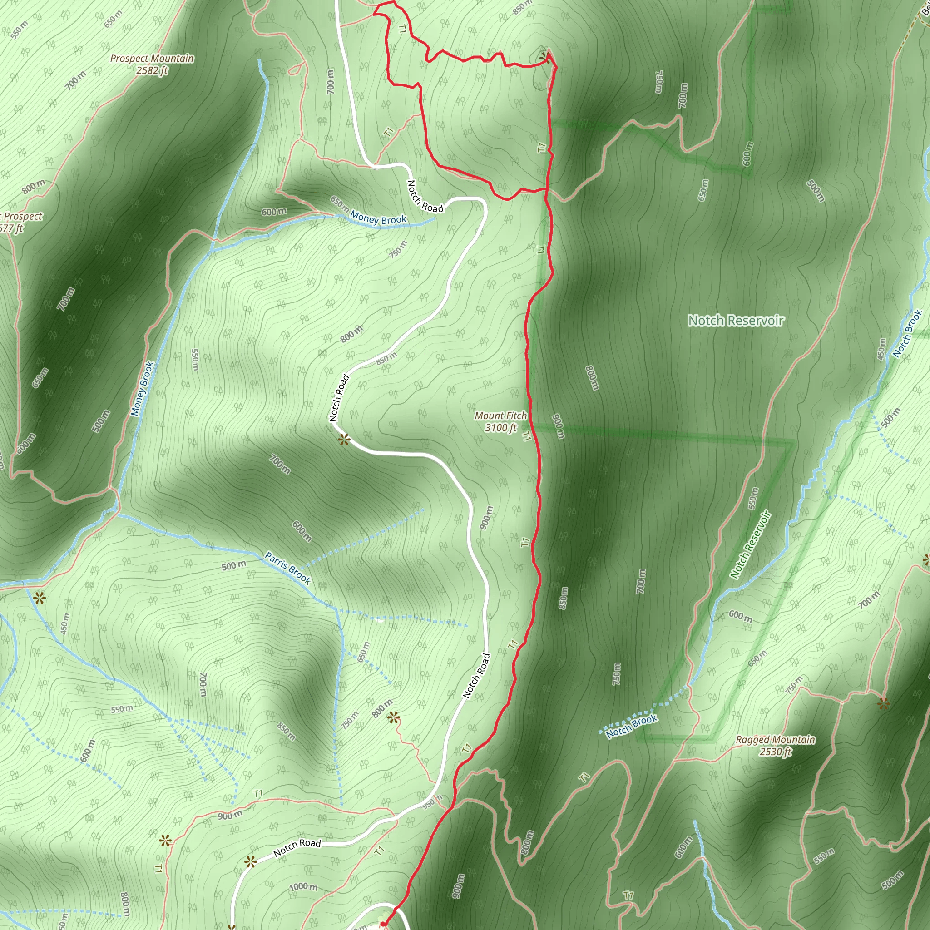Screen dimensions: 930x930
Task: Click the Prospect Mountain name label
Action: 152,58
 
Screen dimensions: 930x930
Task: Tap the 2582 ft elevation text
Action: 152,70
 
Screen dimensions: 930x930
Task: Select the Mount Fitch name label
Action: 500,416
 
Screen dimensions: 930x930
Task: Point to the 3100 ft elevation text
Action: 500,427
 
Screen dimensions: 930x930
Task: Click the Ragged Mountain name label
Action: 776,740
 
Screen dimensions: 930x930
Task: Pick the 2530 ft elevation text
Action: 776,752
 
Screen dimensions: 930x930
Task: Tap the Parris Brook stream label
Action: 288,569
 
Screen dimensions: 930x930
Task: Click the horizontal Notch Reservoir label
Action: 736,321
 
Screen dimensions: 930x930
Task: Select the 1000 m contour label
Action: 303,887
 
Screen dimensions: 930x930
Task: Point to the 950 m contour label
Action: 433,802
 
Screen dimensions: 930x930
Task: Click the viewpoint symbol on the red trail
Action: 544,58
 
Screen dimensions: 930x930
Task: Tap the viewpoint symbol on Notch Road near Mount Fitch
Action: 344,440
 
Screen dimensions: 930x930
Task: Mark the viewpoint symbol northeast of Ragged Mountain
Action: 883,704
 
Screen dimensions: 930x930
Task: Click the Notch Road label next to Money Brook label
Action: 425,196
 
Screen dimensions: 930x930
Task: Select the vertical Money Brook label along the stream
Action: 143,388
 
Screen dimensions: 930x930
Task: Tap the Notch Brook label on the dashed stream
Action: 632,727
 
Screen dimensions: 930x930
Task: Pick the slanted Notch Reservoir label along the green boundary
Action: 751,544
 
